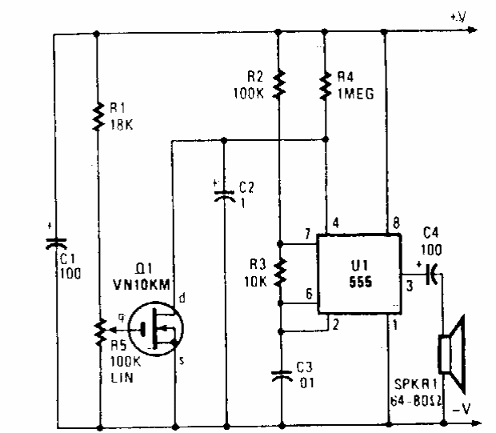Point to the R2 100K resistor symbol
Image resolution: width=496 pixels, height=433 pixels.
(x=280, y=82)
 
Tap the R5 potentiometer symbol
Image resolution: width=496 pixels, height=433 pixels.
(x=97, y=329)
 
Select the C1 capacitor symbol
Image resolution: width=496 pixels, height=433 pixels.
(x=54, y=240)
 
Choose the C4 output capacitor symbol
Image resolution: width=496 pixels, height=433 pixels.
(x=431, y=275)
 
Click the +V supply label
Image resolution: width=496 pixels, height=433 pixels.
(x=457, y=15)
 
